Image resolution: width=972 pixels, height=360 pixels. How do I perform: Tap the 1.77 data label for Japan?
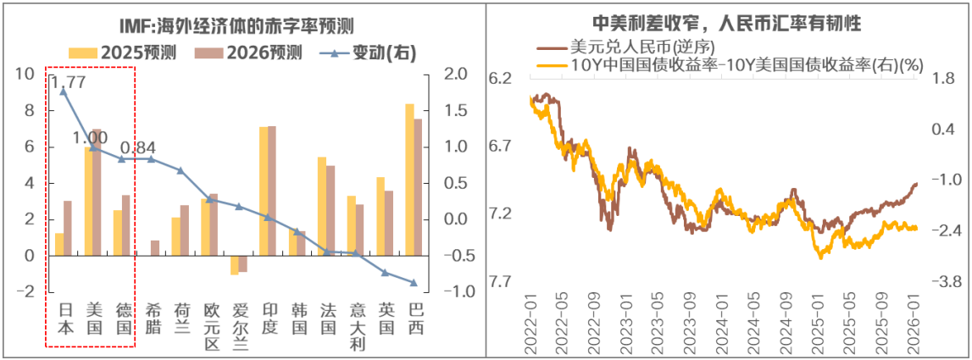[68, 82]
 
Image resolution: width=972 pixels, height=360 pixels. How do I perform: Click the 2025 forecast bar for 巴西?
[409, 179]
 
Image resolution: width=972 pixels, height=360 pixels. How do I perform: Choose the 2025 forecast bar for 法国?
[321, 206]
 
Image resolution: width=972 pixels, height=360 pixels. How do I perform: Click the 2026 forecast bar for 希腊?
[154, 247]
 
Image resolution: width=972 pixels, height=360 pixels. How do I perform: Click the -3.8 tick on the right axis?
[937, 281]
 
